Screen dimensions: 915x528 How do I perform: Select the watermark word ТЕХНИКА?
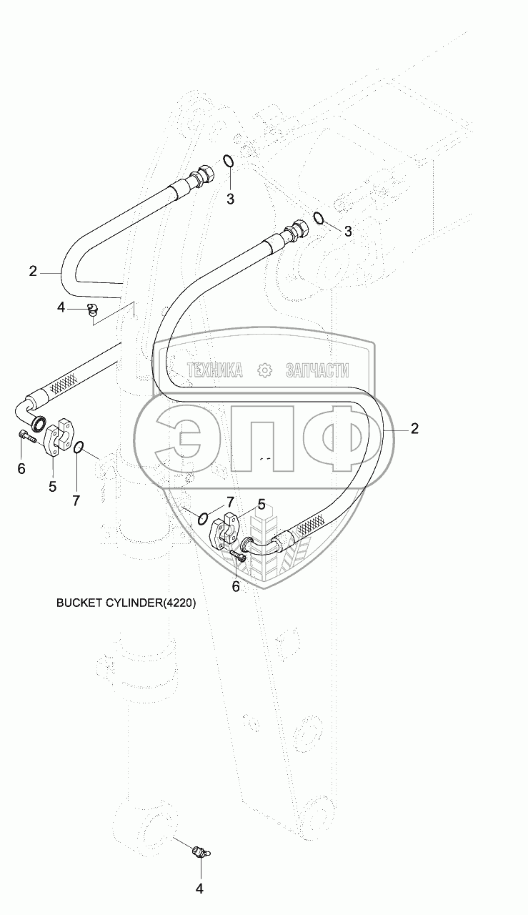coord(214,370)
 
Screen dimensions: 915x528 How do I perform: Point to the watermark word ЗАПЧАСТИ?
coord(317,370)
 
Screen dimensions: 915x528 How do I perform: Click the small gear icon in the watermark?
coord(264,370)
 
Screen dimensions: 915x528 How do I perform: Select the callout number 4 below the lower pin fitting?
coord(200,889)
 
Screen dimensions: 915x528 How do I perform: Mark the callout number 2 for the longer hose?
coord(414,429)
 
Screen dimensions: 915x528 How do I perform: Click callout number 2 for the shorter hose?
coord(33,271)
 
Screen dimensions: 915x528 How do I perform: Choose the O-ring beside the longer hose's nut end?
coord(320,219)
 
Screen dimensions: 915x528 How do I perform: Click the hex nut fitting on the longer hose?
coord(295,232)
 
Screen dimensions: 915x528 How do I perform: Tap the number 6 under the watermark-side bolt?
coord(236,586)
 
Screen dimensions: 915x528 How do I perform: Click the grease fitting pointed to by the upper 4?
coord(91,309)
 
